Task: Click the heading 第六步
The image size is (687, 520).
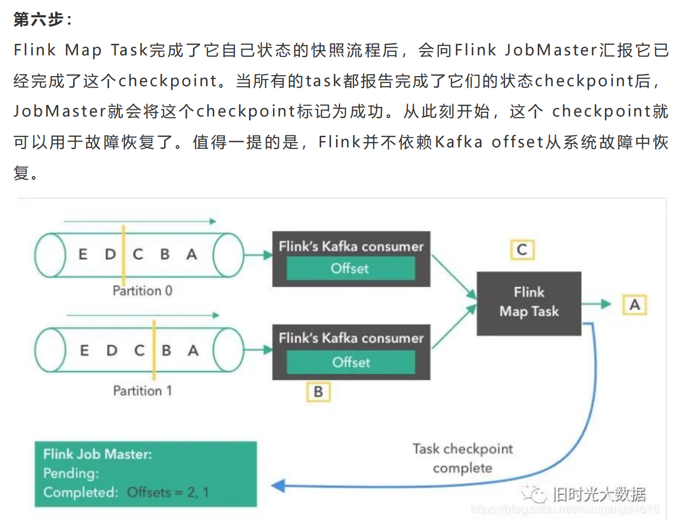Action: point(42,19)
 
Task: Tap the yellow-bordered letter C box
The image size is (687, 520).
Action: point(522,250)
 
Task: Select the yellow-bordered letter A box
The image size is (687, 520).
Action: point(635,305)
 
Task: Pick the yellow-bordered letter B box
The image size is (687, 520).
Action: point(318,392)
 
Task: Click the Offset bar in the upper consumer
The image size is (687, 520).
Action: point(350,268)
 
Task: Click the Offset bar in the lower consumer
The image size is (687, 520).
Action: point(351,362)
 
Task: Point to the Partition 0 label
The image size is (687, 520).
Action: point(142,291)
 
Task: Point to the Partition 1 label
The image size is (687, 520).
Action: point(142,390)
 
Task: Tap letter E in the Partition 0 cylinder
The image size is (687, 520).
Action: point(83,254)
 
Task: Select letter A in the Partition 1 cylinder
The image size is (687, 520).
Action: point(193,351)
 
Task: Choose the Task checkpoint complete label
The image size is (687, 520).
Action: point(463,458)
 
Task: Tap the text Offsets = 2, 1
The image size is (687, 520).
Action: point(168,493)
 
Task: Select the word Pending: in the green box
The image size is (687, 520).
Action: point(71,473)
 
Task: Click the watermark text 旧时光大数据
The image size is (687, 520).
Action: point(598,494)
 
